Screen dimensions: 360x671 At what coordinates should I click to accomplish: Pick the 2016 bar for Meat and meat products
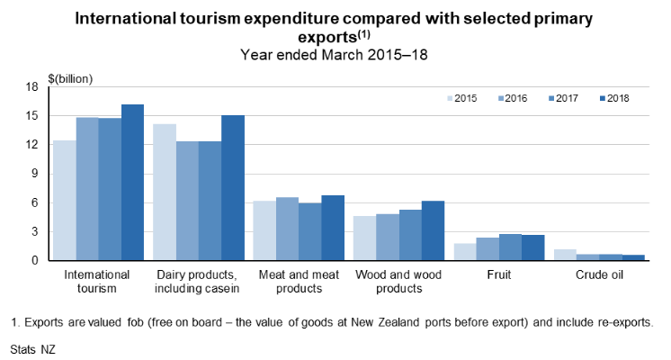[x=287, y=229]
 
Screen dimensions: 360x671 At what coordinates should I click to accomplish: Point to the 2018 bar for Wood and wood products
[x=433, y=230]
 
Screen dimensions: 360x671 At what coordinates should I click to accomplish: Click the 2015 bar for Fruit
[x=465, y=252]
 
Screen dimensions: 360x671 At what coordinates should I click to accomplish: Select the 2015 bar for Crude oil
[x=565, y=255]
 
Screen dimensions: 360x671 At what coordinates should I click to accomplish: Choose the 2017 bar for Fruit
[x=510, y=247]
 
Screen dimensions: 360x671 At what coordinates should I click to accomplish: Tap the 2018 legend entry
[x=618, y=97]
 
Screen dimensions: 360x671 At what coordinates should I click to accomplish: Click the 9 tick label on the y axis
[x=32, y=174]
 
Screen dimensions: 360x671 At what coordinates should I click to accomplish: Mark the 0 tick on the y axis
[x=32, y=261]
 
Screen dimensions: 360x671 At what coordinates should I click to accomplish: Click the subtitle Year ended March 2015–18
[x=335, y=54]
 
